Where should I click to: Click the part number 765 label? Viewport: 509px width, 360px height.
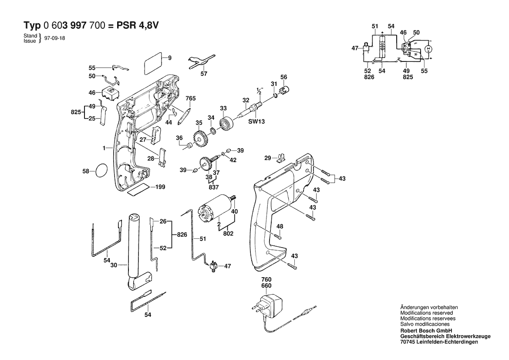tap(190, 98)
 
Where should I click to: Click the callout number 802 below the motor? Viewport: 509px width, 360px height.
tap(228, 234)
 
